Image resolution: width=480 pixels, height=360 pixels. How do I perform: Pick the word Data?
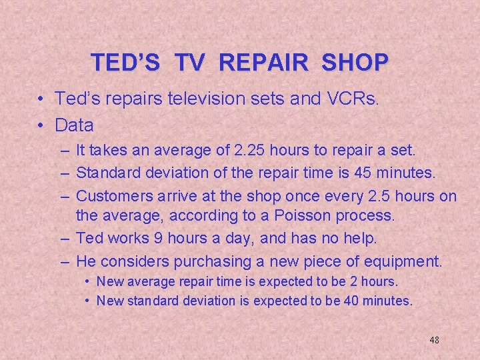(75, 125)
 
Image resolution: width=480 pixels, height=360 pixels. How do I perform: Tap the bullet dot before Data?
(41, 125)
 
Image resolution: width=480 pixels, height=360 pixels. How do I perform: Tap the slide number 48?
(434, 340)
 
